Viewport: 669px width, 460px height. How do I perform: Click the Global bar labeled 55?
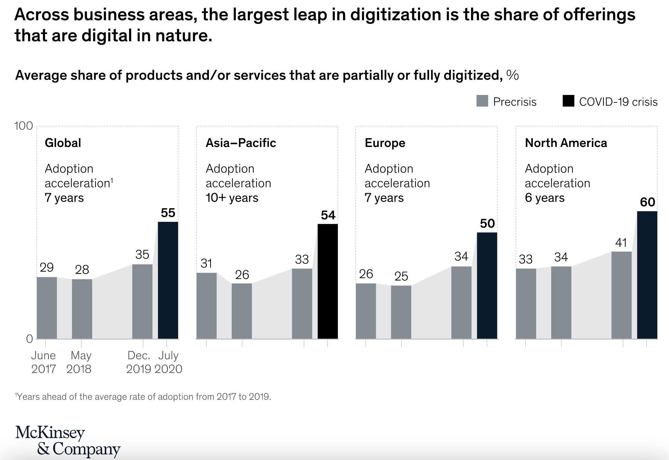point(168,280)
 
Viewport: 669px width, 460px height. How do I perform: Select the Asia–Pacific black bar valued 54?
point(328,281)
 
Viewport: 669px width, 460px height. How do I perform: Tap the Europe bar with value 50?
point(487,285)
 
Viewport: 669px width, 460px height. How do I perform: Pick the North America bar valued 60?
point(647,275)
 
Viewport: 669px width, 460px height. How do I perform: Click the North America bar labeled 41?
point(621,295)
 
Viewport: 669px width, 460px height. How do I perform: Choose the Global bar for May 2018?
point(82,309)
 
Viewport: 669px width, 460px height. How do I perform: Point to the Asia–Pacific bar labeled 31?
point(207,306)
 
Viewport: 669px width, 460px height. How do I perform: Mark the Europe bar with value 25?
point(401,312)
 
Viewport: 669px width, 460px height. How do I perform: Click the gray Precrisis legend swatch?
point(482,101)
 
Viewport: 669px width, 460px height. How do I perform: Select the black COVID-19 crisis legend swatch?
point(568,101)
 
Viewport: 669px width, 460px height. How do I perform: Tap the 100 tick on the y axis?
point(24,126)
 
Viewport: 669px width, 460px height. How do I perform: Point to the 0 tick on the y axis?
point(30,339)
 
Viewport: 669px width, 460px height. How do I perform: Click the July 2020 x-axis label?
point(168,362)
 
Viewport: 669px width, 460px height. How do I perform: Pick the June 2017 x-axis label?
point(43,362)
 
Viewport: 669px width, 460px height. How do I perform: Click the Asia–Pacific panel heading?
point(241,143)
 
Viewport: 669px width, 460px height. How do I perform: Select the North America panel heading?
point(566,143)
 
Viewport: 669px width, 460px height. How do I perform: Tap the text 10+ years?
point(232,198)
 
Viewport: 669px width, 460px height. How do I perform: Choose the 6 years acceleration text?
point(544,198)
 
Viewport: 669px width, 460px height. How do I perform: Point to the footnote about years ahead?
point(143,397)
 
